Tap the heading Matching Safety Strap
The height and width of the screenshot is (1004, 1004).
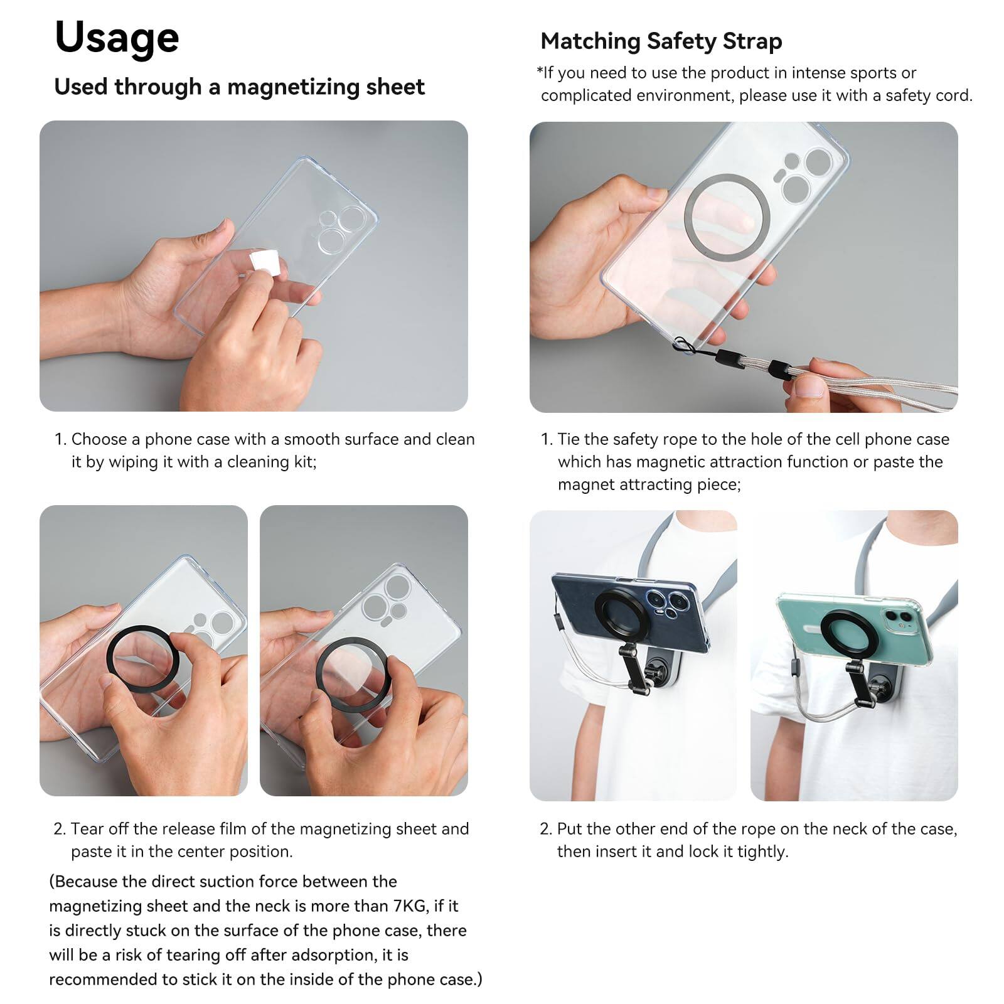(661, 41)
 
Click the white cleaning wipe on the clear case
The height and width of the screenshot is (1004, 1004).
(264, 264)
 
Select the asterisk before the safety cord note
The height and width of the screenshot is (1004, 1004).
(539, 70)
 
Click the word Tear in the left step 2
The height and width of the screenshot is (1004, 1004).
(87, 829)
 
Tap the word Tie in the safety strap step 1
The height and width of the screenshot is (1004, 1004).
(569, 439)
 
